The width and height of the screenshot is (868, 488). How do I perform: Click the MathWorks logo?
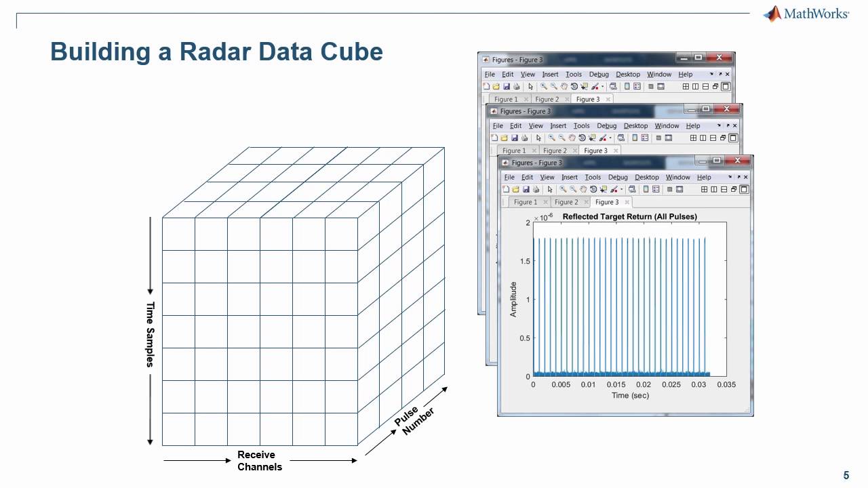(806, 14)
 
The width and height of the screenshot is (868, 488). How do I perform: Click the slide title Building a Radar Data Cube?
(216, 52)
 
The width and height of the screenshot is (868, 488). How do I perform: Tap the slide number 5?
(846, 475)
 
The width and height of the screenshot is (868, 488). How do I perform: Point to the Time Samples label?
(151, 334)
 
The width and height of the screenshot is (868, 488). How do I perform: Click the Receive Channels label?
(259, 460)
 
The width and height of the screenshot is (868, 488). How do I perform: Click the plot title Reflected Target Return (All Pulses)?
(629, 217)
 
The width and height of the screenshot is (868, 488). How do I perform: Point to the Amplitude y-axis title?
(513, 299)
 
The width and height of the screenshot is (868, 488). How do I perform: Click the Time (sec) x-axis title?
(630, 395)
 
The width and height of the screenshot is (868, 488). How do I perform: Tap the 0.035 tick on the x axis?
(726, 385)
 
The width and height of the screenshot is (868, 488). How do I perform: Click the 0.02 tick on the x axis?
(643, 385)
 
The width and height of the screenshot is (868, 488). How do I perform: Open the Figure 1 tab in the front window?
(525, 202)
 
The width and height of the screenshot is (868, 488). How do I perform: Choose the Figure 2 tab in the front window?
(566, 202)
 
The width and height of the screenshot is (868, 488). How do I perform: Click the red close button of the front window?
(740, 162)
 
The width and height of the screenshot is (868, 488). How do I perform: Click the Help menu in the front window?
(703, 178)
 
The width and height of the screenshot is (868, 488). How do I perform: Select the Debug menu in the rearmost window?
(598, 75)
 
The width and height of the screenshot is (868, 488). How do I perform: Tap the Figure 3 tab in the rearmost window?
(587, 99)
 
